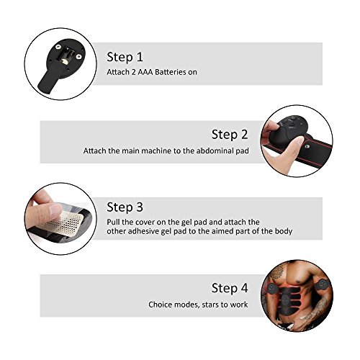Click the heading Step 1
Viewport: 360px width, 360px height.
point(125,58)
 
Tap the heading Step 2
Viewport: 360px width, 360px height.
point(230,135)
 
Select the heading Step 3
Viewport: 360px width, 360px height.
point(125,207)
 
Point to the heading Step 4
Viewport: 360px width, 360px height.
point(230,288)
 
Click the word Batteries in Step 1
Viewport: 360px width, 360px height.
point(170,72)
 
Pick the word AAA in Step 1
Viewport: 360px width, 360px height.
point(145,72)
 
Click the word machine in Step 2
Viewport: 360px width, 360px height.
point(156,150)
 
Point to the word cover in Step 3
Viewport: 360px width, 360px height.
point(145,222)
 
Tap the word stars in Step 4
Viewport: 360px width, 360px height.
point(210,305)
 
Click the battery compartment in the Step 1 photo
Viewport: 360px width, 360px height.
point(65,57)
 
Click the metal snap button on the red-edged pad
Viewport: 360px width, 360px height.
point(307,146)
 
